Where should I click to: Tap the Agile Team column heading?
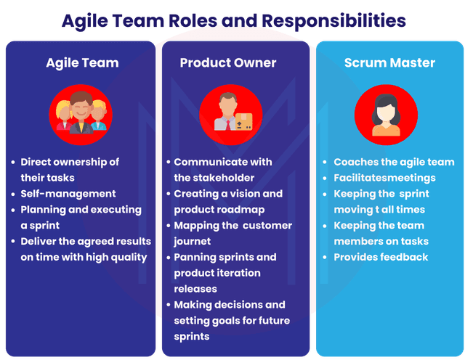pos(82,63)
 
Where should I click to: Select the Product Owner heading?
pos(228,63)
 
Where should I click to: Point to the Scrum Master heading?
pos(389,63)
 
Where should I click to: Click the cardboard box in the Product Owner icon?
pos(244,121)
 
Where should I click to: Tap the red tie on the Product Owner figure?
pos(227,126)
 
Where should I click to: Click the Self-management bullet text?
pos(68,194)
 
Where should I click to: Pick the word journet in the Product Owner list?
pos(192,242)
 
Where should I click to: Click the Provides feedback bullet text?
pos(381,257)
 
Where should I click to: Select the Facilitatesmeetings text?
pos(384,178)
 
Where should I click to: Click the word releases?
pos(195,289)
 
